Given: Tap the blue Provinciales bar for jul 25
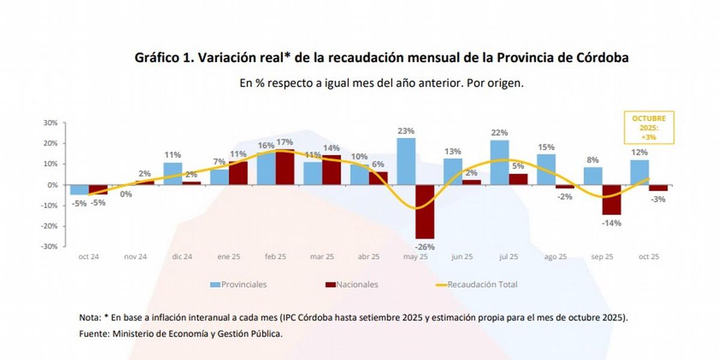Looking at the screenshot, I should (x=500, y=162).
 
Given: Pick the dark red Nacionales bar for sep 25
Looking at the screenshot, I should (x=612, y=199).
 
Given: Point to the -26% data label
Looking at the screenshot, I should (x=425, y=246).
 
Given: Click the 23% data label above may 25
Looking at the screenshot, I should (x=406, y=131).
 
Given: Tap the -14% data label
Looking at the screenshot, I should (x=612, y=223).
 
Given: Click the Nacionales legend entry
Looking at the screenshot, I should (x=357, y=285).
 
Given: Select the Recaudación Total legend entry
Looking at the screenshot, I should (x=482, y=285).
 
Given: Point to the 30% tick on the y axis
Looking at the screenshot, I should (x=50, y=123).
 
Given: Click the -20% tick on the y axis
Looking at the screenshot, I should (x=49, y=226).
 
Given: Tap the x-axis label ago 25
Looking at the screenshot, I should (x=555, y=256).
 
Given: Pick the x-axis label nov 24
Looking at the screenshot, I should (x=135, y=256).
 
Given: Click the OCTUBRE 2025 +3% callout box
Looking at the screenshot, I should (x=648, y=128).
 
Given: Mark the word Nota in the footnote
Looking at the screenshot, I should (x=90, y=317).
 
